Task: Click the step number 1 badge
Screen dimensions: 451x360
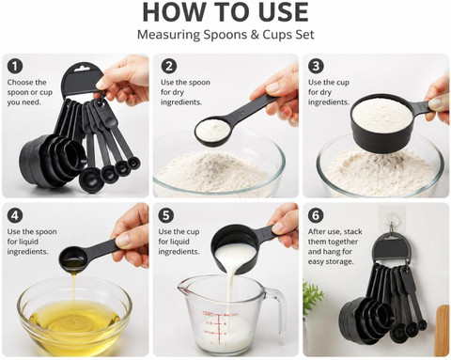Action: click(15, 67)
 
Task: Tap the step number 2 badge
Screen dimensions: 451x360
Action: click(169, 67)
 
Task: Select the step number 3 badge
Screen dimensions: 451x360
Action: click(316, 67)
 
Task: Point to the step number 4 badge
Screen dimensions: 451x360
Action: click(15, 216)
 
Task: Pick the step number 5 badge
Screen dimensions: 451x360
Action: click(166, 216)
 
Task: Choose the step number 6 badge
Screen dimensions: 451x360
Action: click(316, 216)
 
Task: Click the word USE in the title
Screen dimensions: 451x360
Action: click(283, 12)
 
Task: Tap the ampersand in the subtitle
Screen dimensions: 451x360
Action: click(256, 35)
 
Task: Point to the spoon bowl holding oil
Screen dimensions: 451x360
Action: click(72, 258)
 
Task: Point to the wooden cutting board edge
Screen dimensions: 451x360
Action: click(443, 330)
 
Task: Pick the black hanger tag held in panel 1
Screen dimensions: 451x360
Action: click(82, 79)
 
